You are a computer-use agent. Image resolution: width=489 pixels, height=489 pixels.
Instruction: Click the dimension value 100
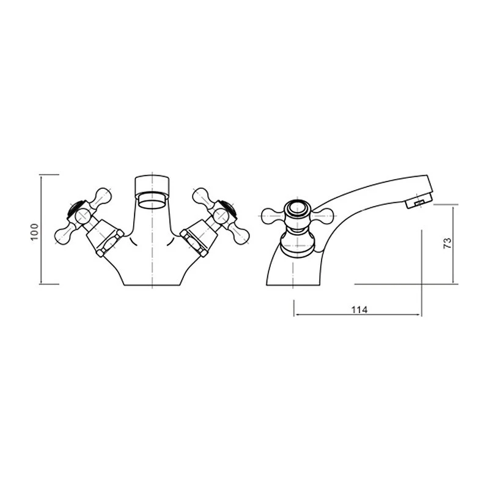pos(34,232)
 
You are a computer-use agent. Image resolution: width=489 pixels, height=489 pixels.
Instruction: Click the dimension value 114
pos(359,310)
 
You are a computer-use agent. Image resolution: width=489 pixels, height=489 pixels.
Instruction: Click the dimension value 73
pos(447,243)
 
